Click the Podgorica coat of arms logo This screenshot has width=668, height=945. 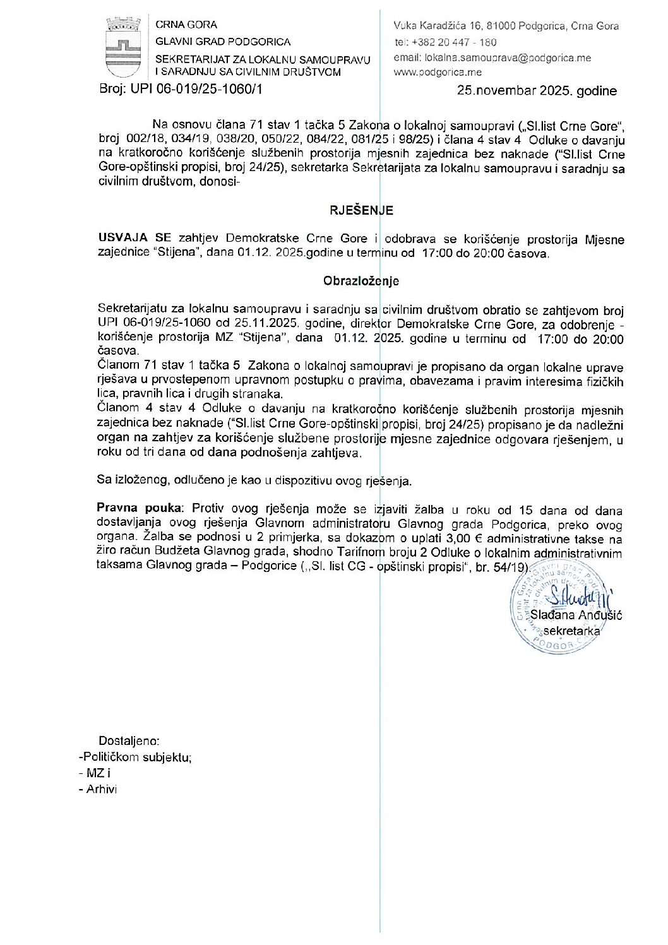(x=123, y=48)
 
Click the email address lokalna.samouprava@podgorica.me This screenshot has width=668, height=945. (x=492, y=58)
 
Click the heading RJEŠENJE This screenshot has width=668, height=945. (x=361, y=210)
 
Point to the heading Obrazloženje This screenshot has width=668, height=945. (x=361, y=281)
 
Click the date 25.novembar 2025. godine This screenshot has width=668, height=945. (x=537, y=91)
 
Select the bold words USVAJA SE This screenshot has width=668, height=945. (x=134, y=239)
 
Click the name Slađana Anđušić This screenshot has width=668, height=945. (x=576, y=615)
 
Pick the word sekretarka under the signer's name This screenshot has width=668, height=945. (x=571, y=631)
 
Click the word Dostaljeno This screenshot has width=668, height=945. (x=129, y=741)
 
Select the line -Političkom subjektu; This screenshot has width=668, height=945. (x=135, y=757)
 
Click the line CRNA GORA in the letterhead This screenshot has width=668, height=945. (x=186, y=25)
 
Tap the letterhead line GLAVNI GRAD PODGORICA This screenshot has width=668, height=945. (x=223, y=42)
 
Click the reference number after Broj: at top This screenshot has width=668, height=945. (x=196, y=89)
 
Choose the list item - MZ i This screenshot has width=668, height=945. (x=95, y=773)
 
